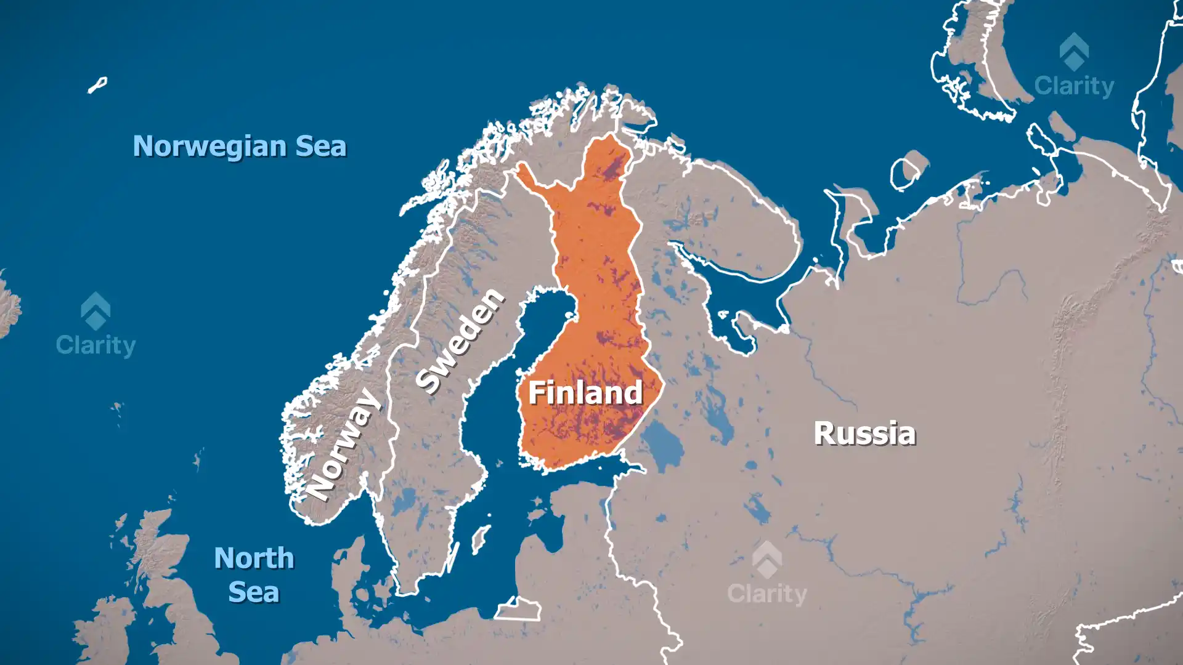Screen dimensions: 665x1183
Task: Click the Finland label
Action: click(x=585, y=393)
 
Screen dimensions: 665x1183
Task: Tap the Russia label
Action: click(x=864, y=433)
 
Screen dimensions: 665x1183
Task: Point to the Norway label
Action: click(x=343, y=445)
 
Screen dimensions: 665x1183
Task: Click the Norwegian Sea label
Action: click(x=239, y=147)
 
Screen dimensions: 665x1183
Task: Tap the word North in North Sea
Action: click(x=254, y=558)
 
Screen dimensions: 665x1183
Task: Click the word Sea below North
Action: click(x=253, y=592)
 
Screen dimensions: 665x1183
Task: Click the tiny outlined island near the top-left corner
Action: click(x=97, y=85)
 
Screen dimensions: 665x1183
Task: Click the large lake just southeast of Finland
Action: click(x=662, y=443)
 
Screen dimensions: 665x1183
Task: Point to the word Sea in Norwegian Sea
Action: click(x=320, y=147)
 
